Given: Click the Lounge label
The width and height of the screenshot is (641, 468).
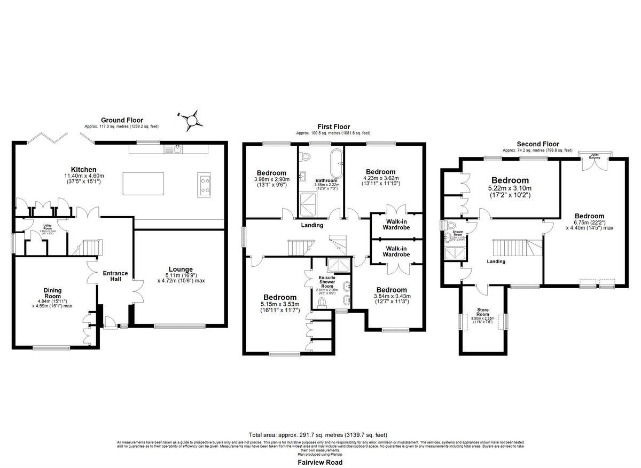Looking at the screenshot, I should tap(180, 269).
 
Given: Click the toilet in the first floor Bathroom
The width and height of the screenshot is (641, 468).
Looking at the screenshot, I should tap(305, 157).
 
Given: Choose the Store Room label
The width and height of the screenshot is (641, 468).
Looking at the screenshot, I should tap(483, 312).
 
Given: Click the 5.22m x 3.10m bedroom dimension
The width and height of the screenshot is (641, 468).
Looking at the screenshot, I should tap(510, 188).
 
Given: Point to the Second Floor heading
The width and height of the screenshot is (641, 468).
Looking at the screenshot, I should tap(537, 144).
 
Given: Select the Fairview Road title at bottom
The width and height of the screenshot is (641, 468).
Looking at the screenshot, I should tap(320, 463).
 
